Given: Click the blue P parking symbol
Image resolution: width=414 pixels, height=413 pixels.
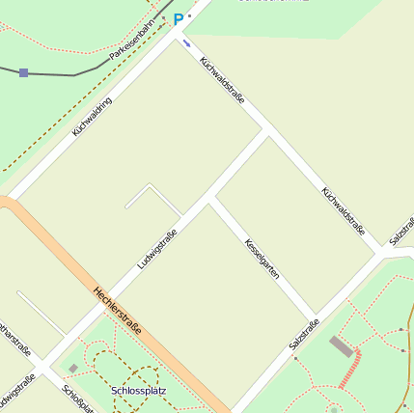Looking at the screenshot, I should [x=178, y=18].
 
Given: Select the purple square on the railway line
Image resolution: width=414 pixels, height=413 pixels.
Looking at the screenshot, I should [x=23, y=72].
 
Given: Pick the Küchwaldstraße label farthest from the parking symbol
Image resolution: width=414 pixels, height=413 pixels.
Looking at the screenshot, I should [x=344, y=210].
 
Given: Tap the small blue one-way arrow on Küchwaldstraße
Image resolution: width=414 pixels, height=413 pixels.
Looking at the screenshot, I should [x=186, y=42].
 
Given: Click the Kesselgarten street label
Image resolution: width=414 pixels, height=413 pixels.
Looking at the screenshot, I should [x=262, y=259].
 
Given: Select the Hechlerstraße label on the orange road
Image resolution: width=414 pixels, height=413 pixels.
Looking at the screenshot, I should [x=118, y=310].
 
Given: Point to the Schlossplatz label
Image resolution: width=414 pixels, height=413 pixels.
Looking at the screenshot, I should [x=139, y=391].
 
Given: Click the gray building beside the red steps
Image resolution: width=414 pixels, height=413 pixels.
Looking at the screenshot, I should [x=341, y=346].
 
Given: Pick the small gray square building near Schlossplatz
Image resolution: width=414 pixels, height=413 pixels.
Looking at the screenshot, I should [x=73, y=368].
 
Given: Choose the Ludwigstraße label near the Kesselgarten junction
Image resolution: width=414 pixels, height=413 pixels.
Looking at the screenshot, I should [x=157, y=247].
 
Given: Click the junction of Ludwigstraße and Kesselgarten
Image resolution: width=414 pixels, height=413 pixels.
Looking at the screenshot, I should [x=210, y=201].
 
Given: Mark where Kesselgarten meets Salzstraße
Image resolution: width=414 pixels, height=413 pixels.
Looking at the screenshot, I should [x=316, y=317].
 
